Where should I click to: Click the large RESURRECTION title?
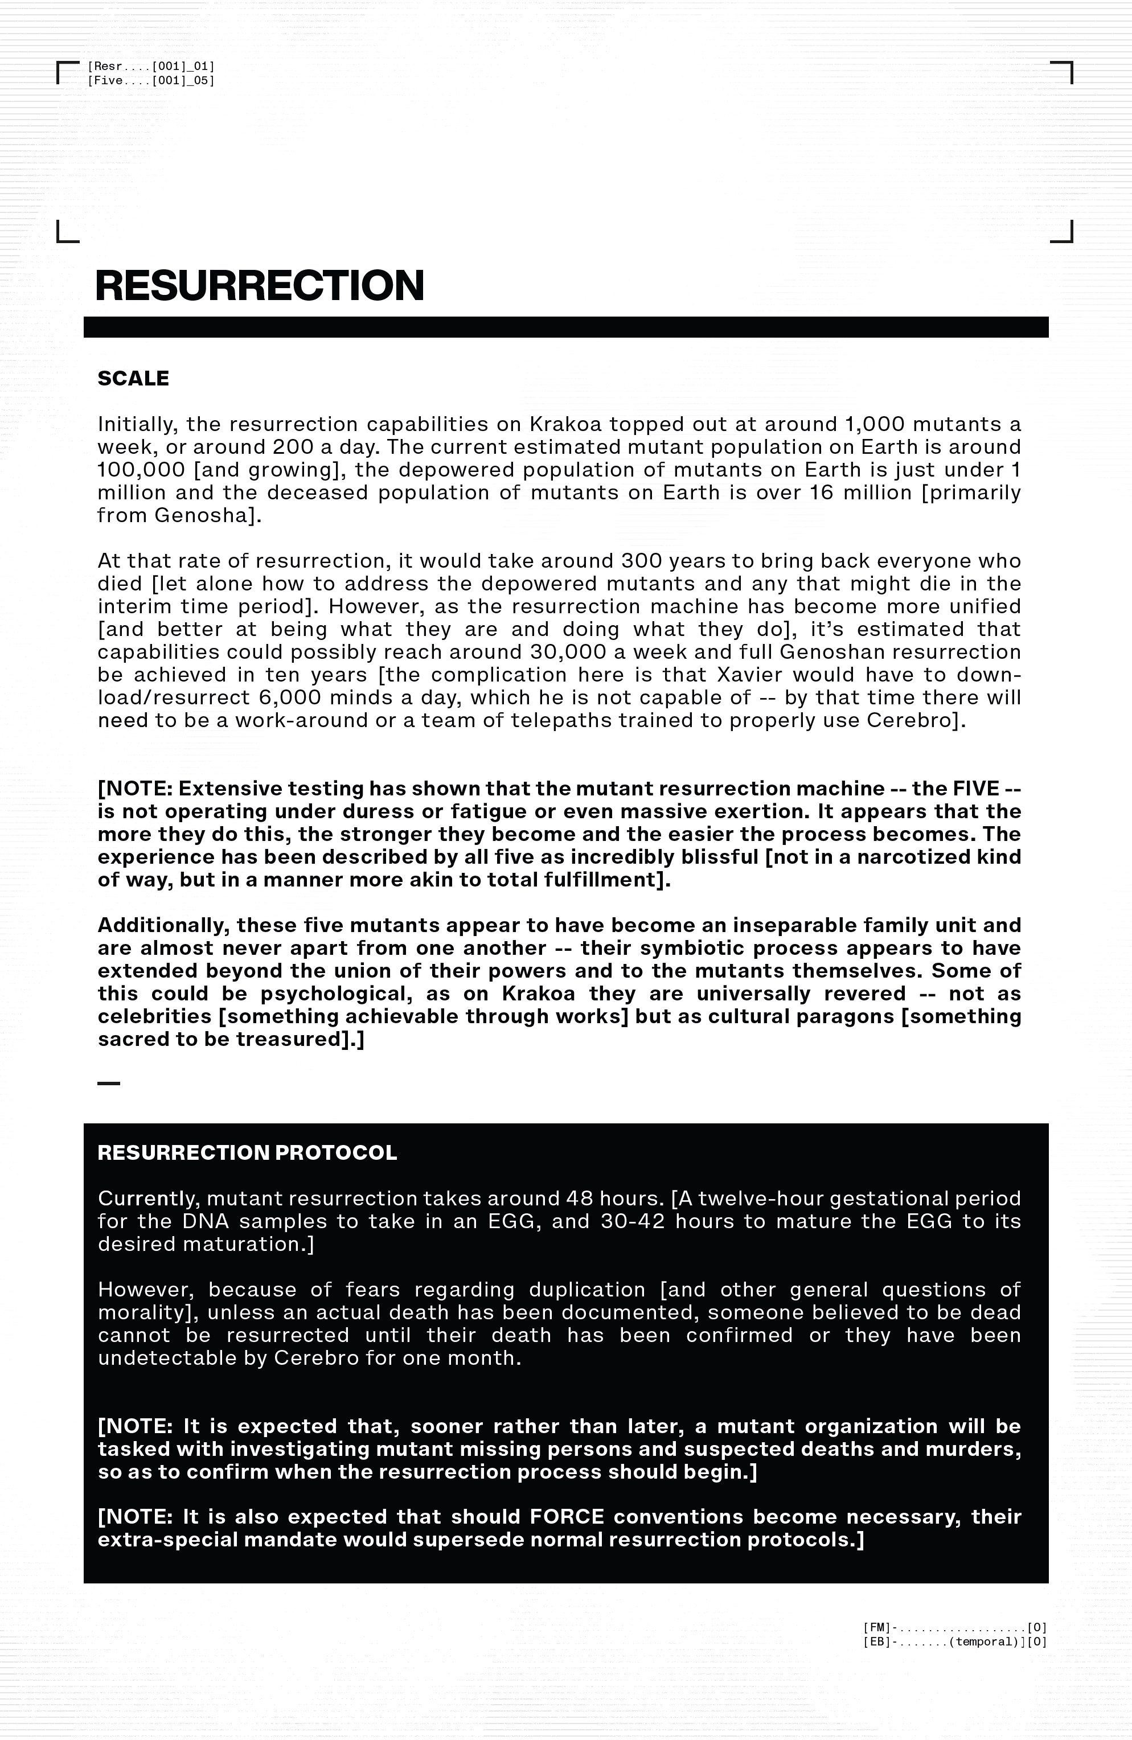point(260,285)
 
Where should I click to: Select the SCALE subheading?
point(133,379)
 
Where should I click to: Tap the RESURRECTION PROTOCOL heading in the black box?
point(247,1153)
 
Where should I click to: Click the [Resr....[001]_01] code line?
point(151,67)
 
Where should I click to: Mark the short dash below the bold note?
point(108,1084)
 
